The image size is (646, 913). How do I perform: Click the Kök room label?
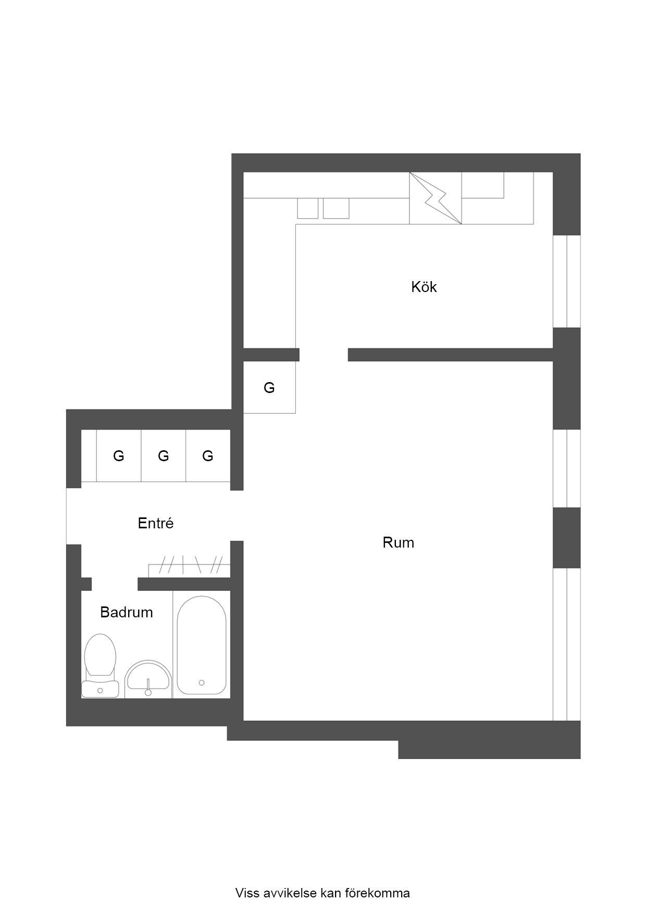(x=424, y=287)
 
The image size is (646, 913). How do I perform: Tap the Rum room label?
(x=398, y=543)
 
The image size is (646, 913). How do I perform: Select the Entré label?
(x=155, y=523)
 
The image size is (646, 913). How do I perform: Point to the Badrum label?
(x=127, y=612)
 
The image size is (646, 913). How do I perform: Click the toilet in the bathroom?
(x=100, y=666)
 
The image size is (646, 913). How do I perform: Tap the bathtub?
(x=202, y=645)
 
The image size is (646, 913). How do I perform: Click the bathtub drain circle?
(x=202, y=682)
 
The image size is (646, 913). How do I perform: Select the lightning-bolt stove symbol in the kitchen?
(x=436, y=198)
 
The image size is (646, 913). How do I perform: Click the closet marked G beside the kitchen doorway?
(x=269, y=387)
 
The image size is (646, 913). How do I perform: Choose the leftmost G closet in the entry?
(x=119, y=456)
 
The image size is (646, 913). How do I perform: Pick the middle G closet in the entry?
(x=164, y=456)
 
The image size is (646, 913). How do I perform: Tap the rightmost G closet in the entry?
(x=208, y=456)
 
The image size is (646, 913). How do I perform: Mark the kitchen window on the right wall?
(x=566, y=282)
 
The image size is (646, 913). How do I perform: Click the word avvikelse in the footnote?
(x=292, y=893)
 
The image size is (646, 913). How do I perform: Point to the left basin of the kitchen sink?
(x=307, y=208)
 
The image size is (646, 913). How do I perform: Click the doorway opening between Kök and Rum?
(x=324, y=354)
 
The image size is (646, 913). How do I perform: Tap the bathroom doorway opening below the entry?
(x=115, y=584)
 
